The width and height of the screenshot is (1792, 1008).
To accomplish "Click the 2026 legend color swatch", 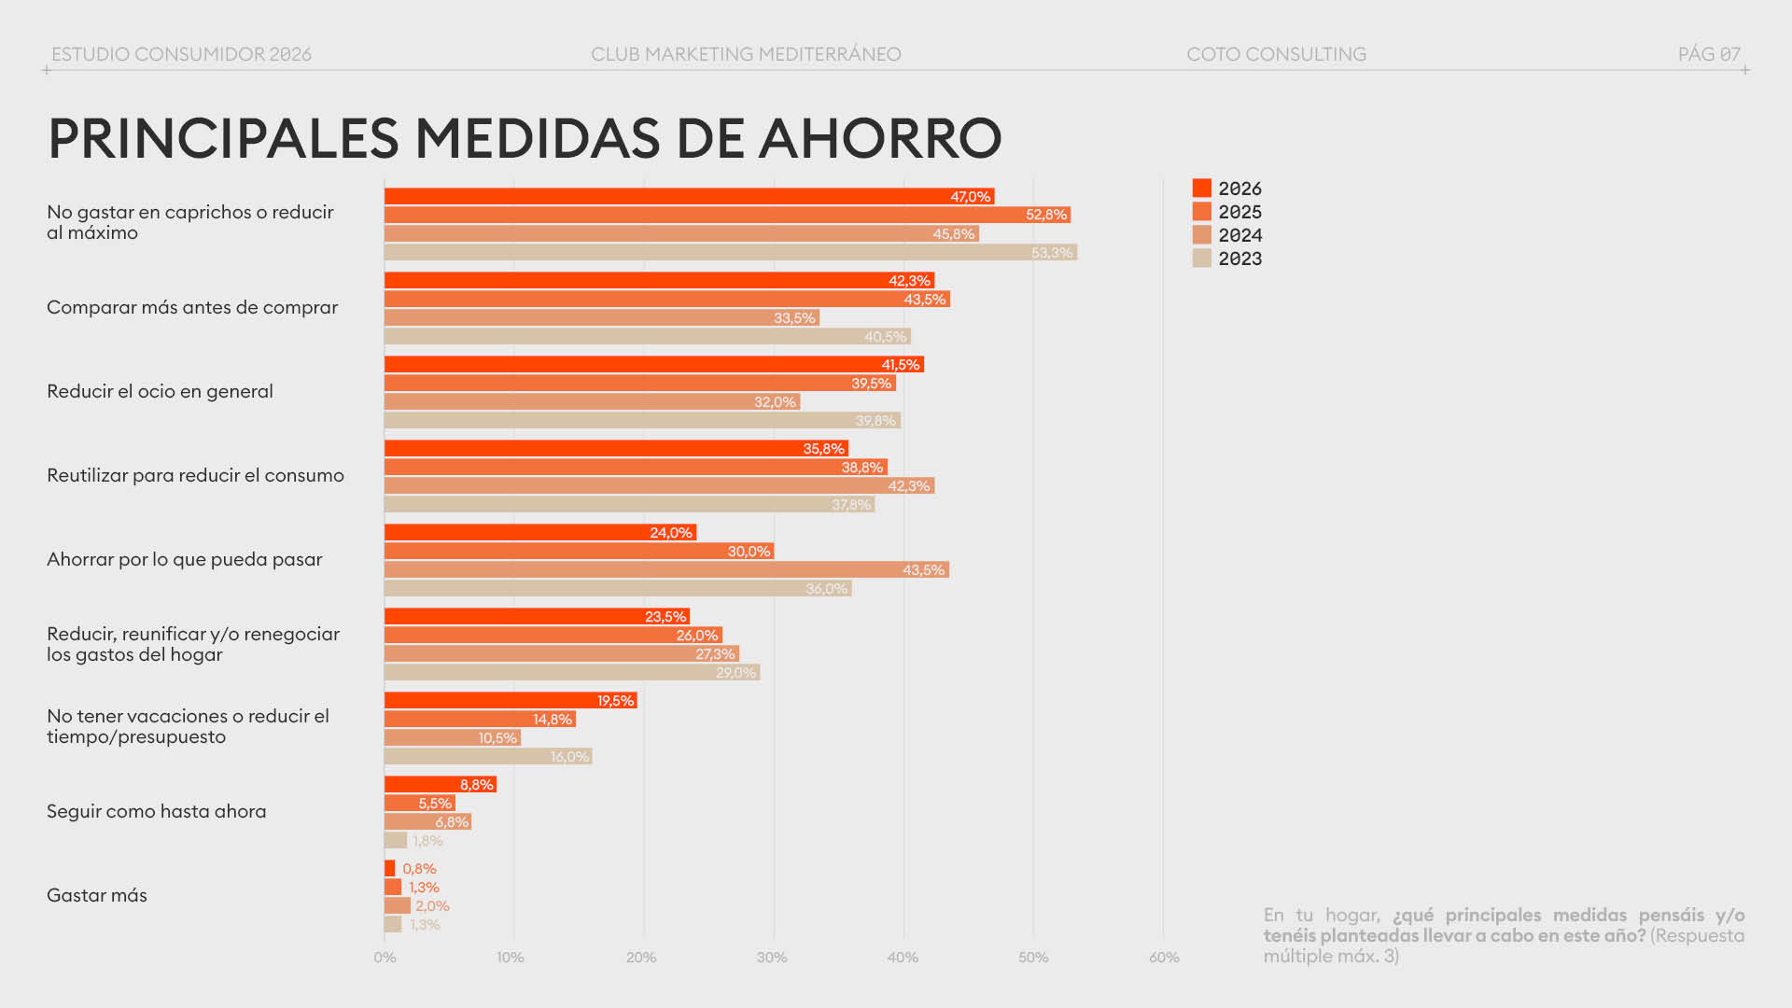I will (1201, 189).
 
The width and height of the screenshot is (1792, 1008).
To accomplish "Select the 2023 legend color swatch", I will (1201, 259).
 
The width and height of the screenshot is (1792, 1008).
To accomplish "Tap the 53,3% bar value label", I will (1051, 253).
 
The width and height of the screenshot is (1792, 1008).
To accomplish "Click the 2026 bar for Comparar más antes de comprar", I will (658, 280).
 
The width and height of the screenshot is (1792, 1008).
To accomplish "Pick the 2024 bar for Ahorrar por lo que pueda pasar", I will (665, 569).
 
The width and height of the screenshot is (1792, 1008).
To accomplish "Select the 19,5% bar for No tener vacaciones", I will (510, 700).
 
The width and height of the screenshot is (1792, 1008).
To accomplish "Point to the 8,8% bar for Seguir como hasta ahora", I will (440, 784).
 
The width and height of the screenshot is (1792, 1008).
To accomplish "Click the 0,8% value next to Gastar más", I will (419, 869).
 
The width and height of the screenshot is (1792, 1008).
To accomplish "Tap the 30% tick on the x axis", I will (772, 958).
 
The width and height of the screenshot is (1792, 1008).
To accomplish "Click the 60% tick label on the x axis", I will (1164, 958).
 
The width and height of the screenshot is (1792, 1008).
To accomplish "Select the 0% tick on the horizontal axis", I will (385, 958).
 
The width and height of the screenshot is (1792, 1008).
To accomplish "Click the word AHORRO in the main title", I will (880, 138).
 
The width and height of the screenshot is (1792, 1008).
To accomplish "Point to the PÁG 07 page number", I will (1709, 54).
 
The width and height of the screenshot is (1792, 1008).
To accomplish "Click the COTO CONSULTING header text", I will (1276, 54).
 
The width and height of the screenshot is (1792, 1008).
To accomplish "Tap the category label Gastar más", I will (97, 895).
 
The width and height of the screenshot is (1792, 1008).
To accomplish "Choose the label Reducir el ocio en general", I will (160, 391).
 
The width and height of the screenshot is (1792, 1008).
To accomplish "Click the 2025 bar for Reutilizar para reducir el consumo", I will (635, 467).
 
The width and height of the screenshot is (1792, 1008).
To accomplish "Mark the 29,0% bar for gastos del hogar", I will (571, 672).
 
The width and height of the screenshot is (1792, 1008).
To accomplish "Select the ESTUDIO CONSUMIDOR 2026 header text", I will (181, 54).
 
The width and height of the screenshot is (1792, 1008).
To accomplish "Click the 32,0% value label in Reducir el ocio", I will (775, 402).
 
